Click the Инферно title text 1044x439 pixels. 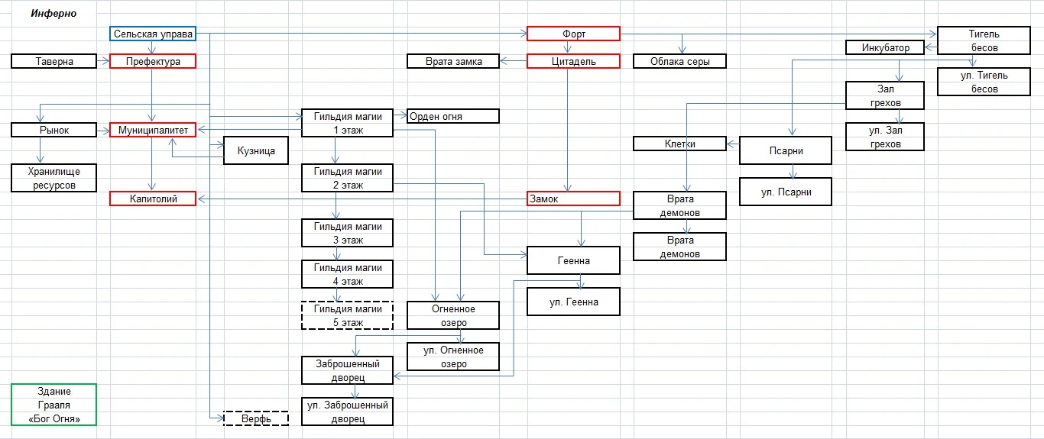click(x=53, y=14)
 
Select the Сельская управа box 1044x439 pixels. click(x=153, y=34)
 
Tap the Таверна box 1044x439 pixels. click(x=54, y=61)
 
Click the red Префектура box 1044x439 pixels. click(x=153, y=61)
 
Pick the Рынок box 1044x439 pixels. click(x=54, y=130)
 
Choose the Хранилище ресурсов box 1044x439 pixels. click(x=54, y=178)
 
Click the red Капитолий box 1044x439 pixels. click(x=153, y=199)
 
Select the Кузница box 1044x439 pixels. click(x=256, y=150)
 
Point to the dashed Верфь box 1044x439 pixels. click(x=256, y=418)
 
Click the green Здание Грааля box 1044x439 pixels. click(x=54, y=405)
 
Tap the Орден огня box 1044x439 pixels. click(x=453, y=116)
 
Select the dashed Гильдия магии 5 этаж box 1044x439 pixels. click(x=347, y=315)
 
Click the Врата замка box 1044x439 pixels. click(x=453, y=61)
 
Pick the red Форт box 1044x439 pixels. click(x=573, y=34)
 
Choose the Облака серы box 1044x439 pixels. click(x=679, y=61)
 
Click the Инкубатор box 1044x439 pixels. click(x=885, y=47)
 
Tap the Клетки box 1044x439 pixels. click(x=679, y=144)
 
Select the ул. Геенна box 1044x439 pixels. click(x=573, y=302)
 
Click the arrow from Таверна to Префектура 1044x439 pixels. click(x=103, y=61)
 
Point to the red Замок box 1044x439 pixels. click(x=573, y=199)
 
